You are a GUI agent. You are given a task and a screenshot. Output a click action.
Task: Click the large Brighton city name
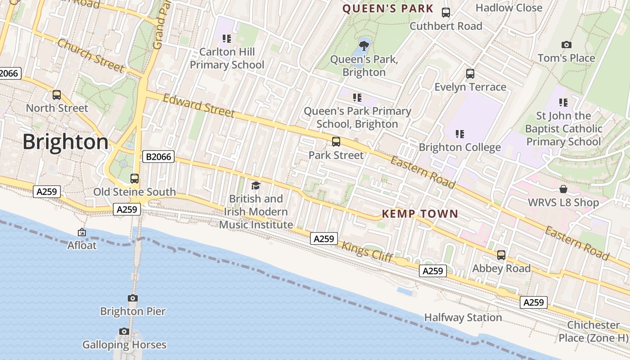65,142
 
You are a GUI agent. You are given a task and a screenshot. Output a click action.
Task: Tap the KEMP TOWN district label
420,214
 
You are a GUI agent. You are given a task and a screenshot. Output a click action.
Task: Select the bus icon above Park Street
336,142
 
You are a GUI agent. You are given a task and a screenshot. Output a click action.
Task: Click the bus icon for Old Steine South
135,179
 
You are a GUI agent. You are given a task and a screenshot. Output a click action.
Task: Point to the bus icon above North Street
57,95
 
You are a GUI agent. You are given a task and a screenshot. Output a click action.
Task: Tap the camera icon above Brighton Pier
132,298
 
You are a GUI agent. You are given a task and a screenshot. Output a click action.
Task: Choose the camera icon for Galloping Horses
124,332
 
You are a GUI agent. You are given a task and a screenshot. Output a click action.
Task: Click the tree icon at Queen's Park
364,45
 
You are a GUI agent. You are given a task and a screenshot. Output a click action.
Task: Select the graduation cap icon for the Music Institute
256,185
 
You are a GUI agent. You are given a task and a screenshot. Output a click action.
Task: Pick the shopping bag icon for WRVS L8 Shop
563,189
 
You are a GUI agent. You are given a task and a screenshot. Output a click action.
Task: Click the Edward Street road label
198,105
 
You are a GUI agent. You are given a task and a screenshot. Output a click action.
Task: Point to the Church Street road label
90,56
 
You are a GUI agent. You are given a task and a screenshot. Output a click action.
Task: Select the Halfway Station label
463,318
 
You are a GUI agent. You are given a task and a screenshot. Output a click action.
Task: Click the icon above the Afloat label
82,233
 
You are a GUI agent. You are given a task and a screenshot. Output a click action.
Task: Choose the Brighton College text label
459,148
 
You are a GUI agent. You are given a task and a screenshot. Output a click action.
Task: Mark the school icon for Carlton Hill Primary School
227,39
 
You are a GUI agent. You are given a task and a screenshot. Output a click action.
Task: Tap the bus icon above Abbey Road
501,255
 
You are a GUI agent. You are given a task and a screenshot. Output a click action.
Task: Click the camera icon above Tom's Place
567,45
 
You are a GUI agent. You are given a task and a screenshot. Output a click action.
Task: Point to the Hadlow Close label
509,8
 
